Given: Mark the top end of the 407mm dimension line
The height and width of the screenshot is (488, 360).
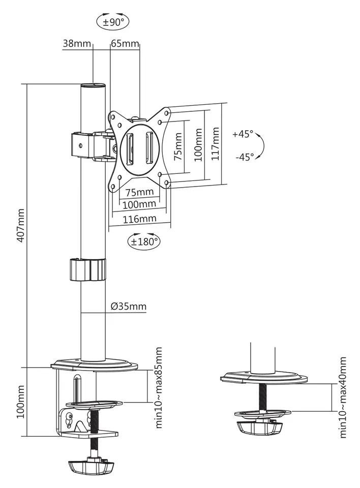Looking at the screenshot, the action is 27,84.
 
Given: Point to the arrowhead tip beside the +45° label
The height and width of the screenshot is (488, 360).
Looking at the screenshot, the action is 257,134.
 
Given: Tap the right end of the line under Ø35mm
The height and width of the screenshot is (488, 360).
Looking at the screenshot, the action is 146,312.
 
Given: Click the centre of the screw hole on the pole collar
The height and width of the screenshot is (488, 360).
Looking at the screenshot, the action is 81,145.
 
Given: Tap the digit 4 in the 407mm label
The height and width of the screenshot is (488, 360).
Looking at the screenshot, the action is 21,237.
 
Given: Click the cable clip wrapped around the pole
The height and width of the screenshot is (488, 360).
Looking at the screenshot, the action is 87,269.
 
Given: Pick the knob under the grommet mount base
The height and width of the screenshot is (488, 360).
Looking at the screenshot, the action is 259,428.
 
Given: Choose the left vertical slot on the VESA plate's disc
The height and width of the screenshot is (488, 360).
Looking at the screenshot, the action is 130,149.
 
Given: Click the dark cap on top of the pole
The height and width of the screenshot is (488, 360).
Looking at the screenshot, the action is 93,85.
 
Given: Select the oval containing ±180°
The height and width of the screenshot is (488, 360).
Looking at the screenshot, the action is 143,241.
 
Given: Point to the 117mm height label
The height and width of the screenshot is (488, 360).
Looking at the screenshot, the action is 215,143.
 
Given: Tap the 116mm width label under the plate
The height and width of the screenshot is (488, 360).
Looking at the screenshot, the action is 139,219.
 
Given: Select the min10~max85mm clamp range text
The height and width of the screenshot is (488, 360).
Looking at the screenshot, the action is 159,388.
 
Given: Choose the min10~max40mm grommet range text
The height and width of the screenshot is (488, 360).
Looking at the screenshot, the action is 343,398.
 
